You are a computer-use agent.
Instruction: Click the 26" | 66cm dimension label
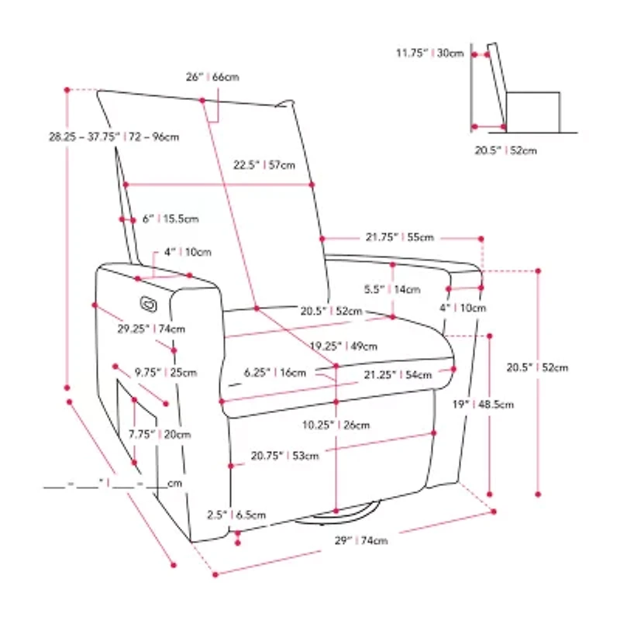[x=212, y=77]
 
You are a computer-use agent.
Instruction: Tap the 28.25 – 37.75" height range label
[x=113, y=137]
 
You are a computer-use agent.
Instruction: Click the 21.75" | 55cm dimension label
[x=400, y=237]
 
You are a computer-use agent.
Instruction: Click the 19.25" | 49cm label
[x=343, y=346]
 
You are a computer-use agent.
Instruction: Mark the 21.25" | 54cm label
[x=398, y=374]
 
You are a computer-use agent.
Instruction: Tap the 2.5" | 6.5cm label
[x=236, y=515]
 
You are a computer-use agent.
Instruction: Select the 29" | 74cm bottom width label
[x=357, y=540]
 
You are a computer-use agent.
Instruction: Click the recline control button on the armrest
[x=148, y=301]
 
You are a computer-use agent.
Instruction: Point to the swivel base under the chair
[x=341, y=512]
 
